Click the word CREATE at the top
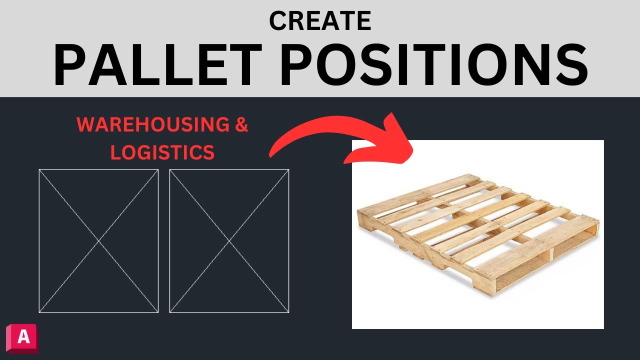coord(320,20)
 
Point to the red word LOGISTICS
coord(162,152)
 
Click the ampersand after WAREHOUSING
coord(241,125)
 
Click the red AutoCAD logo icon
coord(22,338)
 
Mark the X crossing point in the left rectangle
coord(98,241)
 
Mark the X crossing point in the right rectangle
coord(229,241)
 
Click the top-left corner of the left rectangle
coord(39,169)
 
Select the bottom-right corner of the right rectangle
coord(288,312)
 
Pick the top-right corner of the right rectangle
coord(288,169)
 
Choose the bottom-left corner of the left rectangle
coord(39,312)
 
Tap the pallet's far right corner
coord(598,221)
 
